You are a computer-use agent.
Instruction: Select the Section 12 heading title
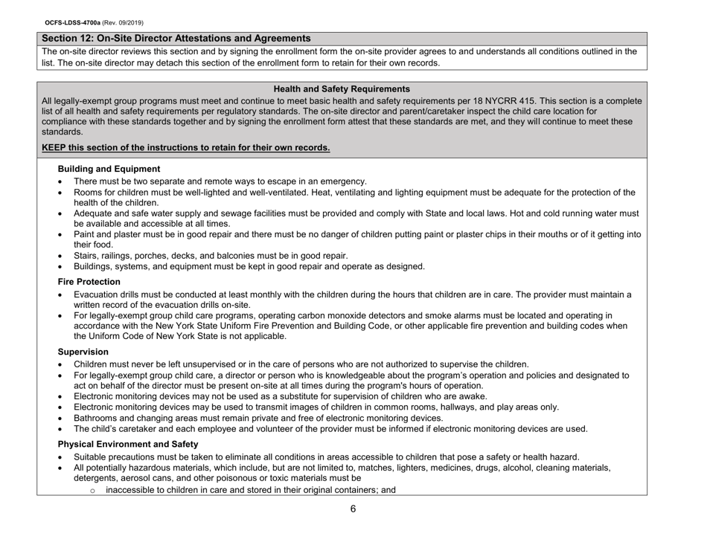point(176,37)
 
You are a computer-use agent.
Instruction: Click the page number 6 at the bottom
point(353,510)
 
